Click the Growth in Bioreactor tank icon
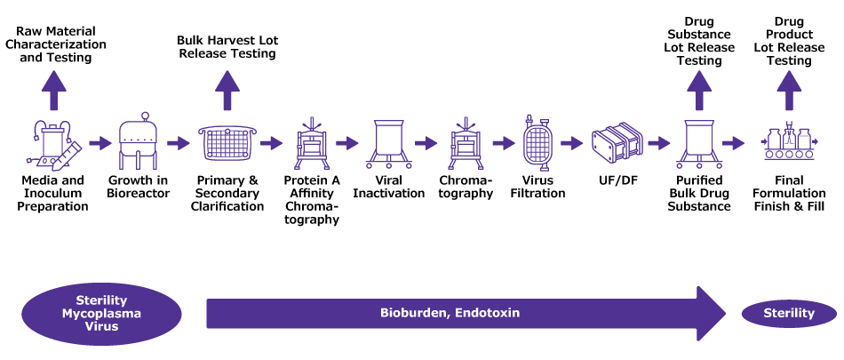[139, 142]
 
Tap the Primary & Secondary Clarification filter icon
[227, 142]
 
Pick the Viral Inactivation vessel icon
[389, 142]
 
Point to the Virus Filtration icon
[537, 142]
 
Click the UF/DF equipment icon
[616, 142]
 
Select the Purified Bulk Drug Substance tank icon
[699, 142]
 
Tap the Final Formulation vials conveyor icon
[791, 142]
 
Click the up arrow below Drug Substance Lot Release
[699, 89]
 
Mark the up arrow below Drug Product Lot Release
[791, 89]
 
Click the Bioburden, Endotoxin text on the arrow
[450, 313]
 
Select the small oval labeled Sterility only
[789, 313]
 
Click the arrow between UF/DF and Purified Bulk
[658, 143]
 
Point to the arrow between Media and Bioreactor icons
[99, 143]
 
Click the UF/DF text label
[616, 180]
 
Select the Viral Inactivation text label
[389, 187]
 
